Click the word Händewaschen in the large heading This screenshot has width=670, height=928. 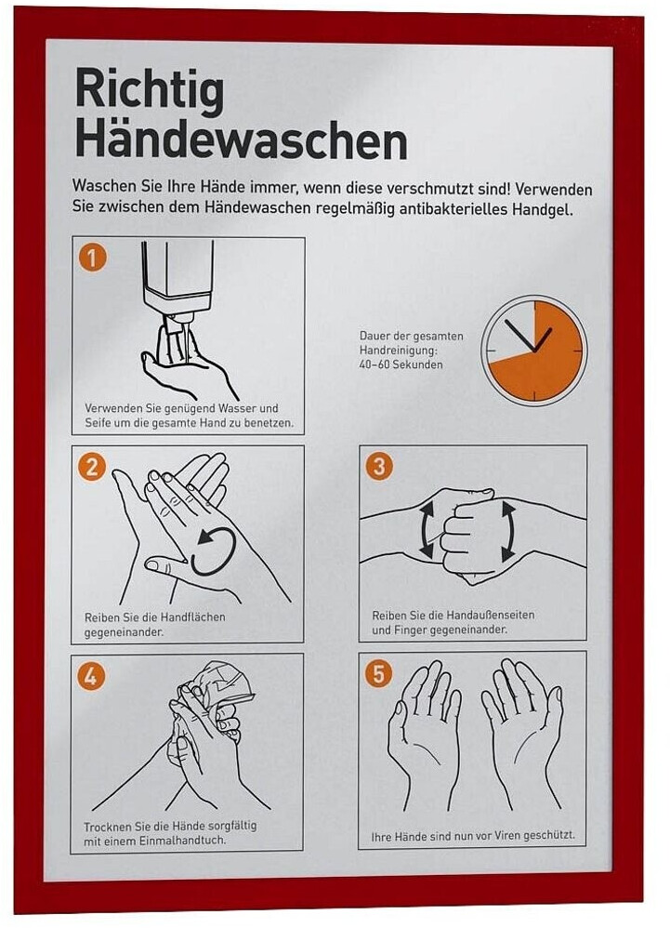click(x=241, y=141)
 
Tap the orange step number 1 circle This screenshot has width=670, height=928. click(x=92, y=258)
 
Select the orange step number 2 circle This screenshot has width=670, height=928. click(x=92, y=467)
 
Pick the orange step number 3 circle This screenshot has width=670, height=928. click(x=379, y=466)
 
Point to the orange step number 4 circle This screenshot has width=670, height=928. click(x=90, y=675)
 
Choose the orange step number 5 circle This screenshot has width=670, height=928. click(x=378, y=673)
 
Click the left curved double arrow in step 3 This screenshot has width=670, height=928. click(x=427, y=528)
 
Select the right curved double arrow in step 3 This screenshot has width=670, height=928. click(x=508, y=531)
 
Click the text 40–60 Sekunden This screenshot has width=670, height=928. click(x=401, y=365)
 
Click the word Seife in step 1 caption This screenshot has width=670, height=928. click(x=98, y=423)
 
